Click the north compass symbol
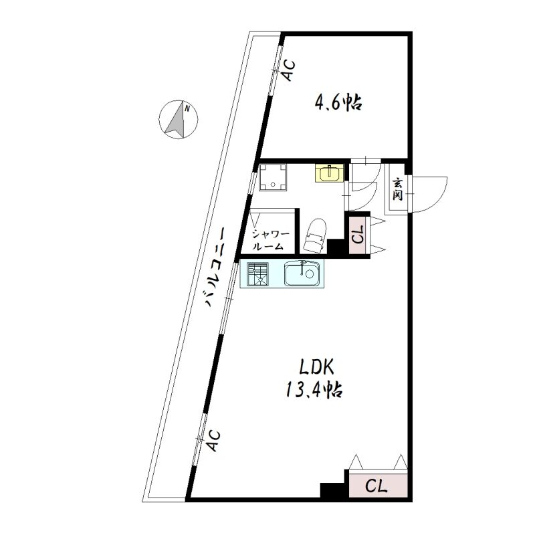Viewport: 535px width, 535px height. tap(179, 120)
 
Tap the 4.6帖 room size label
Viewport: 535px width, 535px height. tap(338, 102)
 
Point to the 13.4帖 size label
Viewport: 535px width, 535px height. tap(314, 389)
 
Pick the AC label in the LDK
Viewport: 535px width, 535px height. tap(213, 441)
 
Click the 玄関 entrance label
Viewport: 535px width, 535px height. tap(397, 189)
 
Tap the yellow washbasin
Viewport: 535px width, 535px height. tap(329, 174)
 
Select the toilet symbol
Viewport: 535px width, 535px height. tap(314, 235)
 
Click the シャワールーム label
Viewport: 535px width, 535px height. tap(271, 240)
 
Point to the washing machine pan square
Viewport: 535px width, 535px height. tap(273, 177)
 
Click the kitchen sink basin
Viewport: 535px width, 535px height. tap(302, 274)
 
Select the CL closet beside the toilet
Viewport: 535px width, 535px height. tap(359, 235)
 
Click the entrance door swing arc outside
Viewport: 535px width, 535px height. tap(440, 199)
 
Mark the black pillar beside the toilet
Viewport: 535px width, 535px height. tap(336, 246)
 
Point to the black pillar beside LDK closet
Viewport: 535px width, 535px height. tap(333, 490)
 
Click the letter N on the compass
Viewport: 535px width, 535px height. tap(187, 109)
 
